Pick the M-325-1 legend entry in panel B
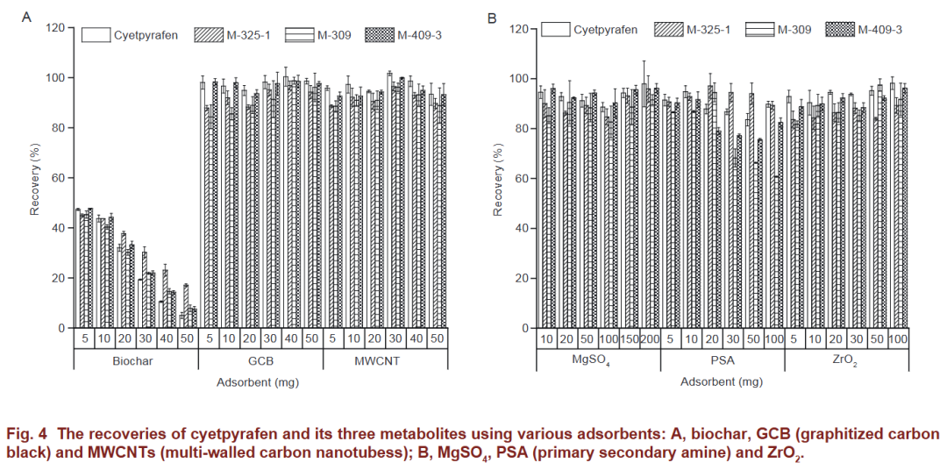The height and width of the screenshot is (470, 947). pos(708,30)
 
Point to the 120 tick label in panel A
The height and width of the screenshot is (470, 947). pos(55,28)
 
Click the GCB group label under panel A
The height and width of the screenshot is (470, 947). pos(260,360)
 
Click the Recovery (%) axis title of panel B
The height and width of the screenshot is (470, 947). pos(498,179)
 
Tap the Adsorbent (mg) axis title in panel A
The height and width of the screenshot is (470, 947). pos(260,381)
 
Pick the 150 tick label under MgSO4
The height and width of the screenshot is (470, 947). pos(630,339)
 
